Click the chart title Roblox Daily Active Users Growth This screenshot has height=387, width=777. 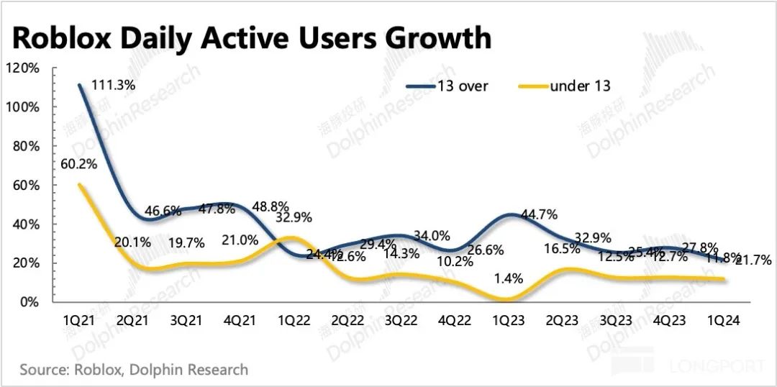point(252,37)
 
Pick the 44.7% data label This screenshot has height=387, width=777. point(537,214)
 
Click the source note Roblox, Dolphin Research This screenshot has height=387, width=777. point(134,370)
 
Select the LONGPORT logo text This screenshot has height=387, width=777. point(717,367)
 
